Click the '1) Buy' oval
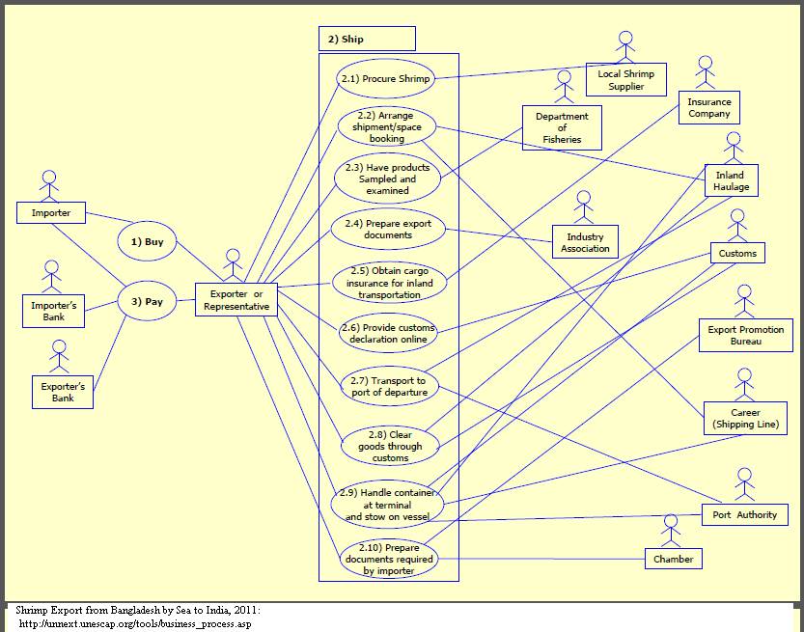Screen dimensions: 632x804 [147, 242]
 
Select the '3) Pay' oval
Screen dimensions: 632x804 [147, 301]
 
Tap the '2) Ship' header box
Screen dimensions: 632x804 [366, 39]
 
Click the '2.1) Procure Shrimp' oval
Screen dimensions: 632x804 [384, 78]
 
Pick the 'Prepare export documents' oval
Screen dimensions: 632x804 [388, 230]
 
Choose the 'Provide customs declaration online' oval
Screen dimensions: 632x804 [388, 333]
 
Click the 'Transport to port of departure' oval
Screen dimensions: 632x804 [389, 386]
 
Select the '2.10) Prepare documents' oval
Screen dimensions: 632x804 [389, 559]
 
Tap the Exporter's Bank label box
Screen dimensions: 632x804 [64, 392]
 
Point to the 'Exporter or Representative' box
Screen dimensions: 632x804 [236, 300]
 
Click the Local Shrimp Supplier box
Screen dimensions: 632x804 [625, 80]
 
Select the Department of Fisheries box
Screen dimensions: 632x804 [562, 128]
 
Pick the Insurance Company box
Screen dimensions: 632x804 [709, 107]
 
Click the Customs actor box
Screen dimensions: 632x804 [737, 254]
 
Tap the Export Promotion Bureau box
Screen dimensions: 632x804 [746, 336]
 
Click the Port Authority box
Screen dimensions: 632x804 [744, 514]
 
